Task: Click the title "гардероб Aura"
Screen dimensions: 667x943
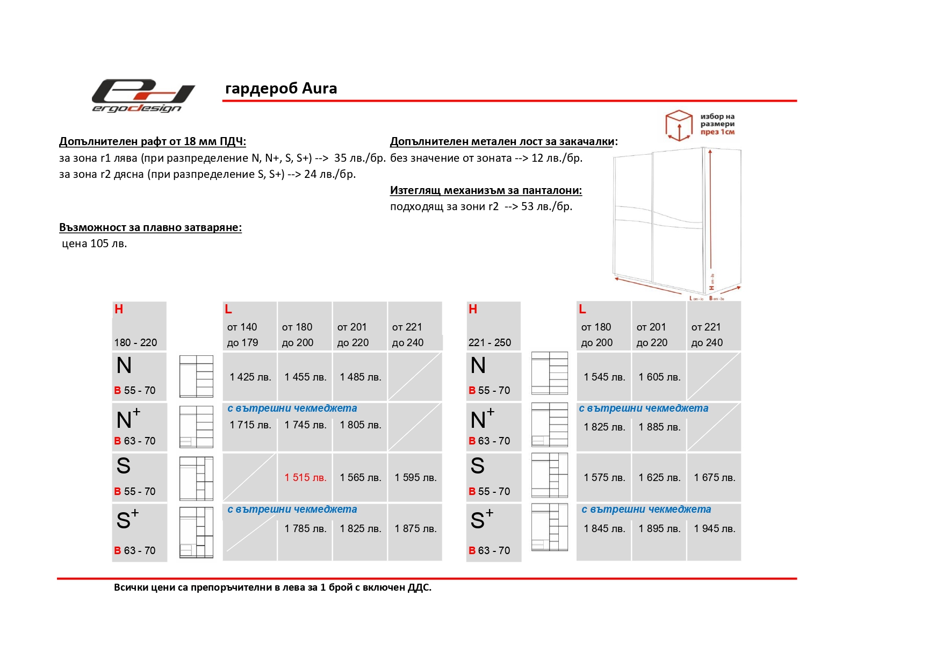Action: point(281,89)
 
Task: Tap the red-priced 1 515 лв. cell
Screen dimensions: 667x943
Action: point(305,478)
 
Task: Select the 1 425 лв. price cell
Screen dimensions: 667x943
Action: point(250,377)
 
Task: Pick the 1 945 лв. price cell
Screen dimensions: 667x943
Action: point(714,529)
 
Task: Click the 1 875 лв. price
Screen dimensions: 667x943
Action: point(415,529)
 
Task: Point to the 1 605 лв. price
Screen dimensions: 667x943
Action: point(659,377)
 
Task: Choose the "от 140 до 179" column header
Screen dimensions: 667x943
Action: point(242,335)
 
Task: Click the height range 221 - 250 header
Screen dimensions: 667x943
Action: point(490,343)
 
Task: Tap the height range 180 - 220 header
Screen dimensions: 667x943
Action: point(135,343)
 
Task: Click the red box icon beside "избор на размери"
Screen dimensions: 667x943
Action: point(679,125)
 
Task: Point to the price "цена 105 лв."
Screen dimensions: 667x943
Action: point(95,244)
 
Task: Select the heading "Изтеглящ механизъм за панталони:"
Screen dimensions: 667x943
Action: point(486,190)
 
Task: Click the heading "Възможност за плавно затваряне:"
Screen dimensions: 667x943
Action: point(150,228)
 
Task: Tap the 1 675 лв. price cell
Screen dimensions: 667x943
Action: point(714,478)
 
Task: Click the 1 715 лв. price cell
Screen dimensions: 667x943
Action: point(250,425)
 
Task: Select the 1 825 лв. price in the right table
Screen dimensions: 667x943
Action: point(604,427)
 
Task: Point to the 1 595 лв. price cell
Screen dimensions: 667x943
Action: point(415,478)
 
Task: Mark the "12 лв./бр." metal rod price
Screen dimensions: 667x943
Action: point(557,158)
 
